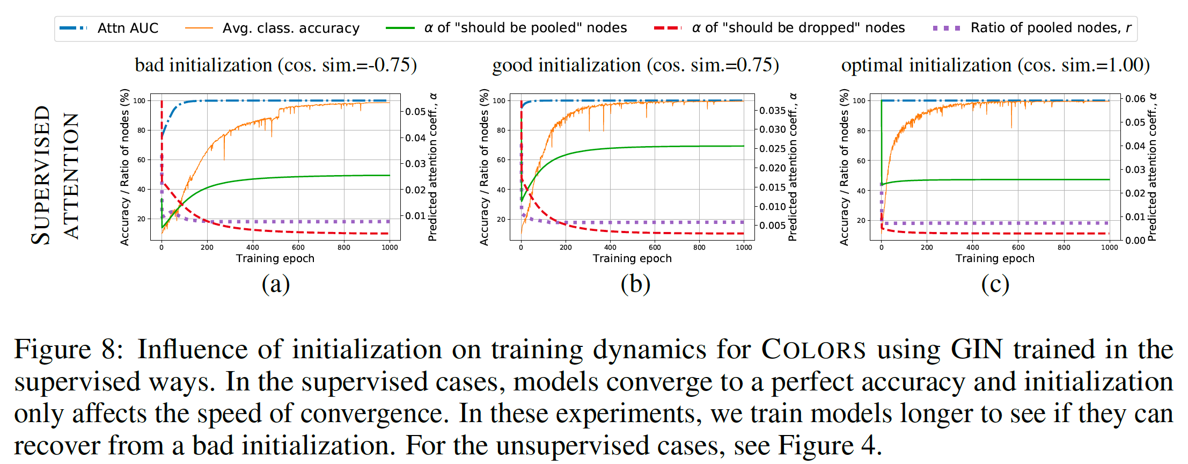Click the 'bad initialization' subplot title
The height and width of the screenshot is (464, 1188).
click(275, 65)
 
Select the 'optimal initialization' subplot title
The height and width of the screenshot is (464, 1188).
click(995, 65)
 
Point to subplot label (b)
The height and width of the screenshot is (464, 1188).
click(635, 284)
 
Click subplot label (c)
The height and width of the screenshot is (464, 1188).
click(995, 284)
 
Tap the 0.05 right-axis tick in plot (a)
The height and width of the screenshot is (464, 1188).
click(415, 112)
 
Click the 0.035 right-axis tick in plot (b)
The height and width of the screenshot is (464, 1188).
click(772, 111)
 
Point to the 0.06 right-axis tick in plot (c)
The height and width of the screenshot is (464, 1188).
click(1135, 99)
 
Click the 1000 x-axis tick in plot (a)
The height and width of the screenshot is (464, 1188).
click(390, 248)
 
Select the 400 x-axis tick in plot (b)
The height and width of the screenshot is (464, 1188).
click(610, 248)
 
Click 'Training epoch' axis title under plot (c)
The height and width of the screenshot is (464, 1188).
click(994, 258)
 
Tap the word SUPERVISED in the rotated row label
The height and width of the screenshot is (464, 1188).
click(41, 175)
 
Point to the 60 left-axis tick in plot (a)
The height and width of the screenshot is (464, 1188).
click(141, 160)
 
